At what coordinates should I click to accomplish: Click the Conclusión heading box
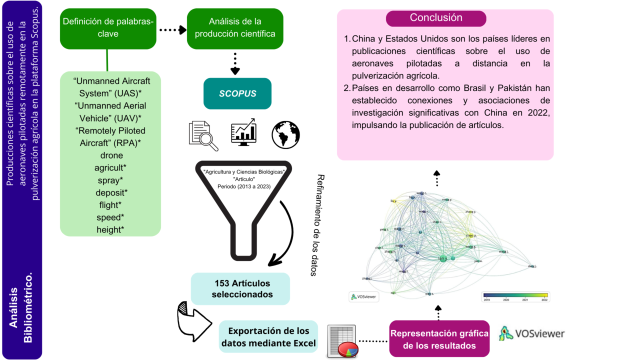coord(436,18)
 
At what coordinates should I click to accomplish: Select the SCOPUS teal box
coord(237,93)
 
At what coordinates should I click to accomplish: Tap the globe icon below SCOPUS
coord(285,135)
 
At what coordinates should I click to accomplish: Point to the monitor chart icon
coord(243,132)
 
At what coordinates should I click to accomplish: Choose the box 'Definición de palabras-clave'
coord(108,28)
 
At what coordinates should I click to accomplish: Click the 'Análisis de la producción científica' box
coord(235,28)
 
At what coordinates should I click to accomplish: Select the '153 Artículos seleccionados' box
coord(240,288)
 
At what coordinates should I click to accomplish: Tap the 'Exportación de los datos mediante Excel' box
coord(268,336)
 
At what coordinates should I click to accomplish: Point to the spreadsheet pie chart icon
coord(341,341)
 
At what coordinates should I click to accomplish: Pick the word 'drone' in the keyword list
coord(111,155)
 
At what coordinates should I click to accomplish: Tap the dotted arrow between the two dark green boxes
coord(172,30)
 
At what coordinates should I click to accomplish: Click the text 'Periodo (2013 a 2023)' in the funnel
coord(244,186)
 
